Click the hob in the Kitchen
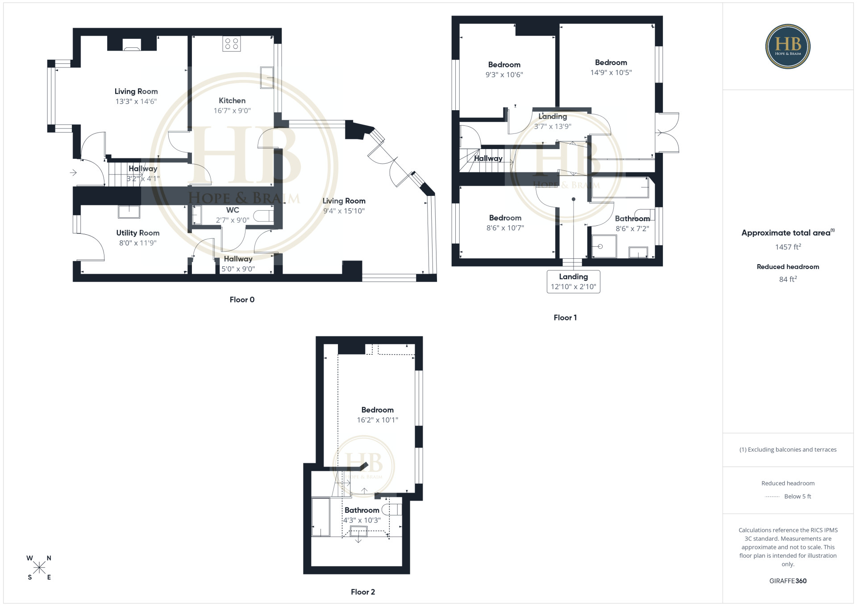tap(232, 44)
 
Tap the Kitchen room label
tap(232, 101)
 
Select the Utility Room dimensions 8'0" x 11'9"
tap(138, 243)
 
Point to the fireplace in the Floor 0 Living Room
tap(132, 45)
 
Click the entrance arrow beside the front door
tap(73, 172)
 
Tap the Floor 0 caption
tap(242, 300)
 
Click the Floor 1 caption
tap(565, 318)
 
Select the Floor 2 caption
tap(363, 592)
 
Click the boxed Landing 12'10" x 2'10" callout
tap(574, 282)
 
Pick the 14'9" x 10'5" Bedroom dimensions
tap(611, 73)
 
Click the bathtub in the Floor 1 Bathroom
tap(620, 187)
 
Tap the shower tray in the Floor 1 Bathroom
tap(604, 246)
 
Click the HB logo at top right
tap(788, 46)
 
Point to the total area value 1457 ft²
tap(788, 247)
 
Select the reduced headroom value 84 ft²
tap(788, 279)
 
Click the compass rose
tap(39, 568)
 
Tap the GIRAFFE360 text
tap(788, 581)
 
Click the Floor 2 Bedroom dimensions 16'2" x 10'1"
tap(378, 420)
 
